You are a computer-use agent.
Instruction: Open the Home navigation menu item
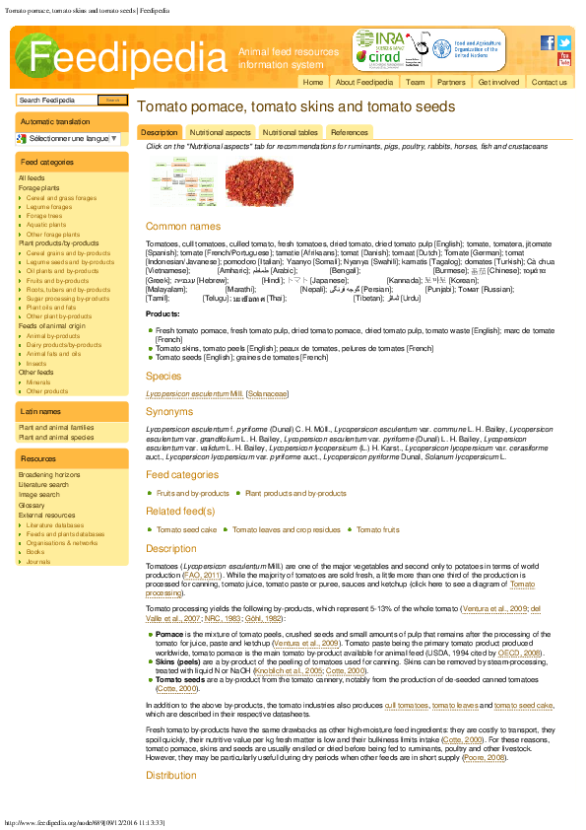(x=312, y=82)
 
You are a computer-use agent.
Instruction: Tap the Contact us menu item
(x=549, y=82)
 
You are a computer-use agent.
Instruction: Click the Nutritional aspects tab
(x=220, y=132)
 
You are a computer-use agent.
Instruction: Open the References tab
(x=349, y=132)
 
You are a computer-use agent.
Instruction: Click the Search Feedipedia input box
(x=57, y=100)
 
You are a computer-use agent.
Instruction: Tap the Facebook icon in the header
(x=548, y=42)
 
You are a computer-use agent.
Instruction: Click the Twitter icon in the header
(x=564, y=42)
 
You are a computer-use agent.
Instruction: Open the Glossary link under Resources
(x=32, y=505)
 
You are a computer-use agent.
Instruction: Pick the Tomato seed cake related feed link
(x=186, y=529)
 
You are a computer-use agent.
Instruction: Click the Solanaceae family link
(x=268, y=393)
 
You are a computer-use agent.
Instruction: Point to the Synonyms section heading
(x=169, y=411)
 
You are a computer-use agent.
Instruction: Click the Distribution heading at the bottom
(x=171, y=775)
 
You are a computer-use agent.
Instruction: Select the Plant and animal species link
(x=55, y=437)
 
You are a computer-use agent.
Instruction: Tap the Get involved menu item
(x=498, y=82)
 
